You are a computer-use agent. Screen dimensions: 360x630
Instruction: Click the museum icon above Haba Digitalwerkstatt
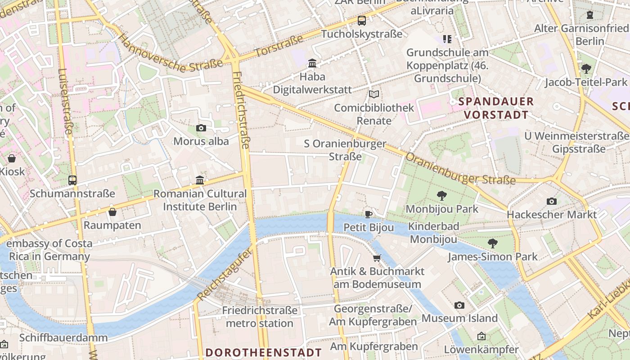[312, 63]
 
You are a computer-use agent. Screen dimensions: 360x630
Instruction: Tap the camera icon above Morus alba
[201, 128]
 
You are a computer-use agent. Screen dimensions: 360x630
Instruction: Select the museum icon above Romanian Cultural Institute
[200, 180]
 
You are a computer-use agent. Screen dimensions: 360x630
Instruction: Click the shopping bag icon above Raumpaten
[112, 211]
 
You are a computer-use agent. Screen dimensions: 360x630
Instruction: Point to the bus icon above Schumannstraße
[72, 180]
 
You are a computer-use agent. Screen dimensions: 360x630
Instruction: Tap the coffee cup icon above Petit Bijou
[369, 214]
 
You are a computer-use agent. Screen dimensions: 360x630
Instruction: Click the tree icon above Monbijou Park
[441, 196]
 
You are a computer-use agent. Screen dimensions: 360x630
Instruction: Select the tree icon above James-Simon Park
[493, 243]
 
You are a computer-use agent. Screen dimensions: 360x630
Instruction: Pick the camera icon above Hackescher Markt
[552, 201]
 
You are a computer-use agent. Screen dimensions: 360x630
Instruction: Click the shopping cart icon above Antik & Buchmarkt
[377, 258]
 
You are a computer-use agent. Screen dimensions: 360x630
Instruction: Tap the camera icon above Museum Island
[459, 305]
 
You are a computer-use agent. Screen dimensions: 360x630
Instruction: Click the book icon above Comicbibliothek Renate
[374, 94]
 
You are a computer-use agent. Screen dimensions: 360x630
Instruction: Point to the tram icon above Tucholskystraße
[362, 21]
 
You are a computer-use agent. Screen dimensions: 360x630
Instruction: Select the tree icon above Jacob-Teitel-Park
[586, 69]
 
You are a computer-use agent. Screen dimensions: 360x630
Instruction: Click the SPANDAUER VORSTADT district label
[496, 108]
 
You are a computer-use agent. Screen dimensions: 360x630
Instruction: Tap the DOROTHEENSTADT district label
[264, 352]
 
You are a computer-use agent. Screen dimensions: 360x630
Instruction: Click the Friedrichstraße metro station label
[260, 317]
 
